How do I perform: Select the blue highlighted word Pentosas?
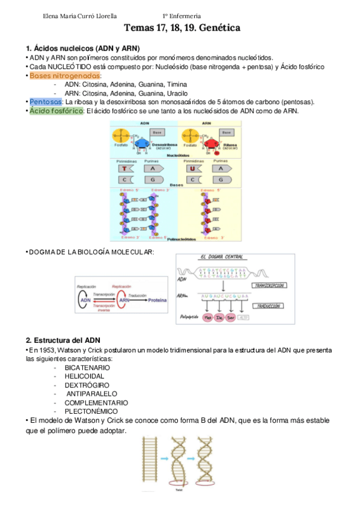pyautogui.click(x=46, y=102)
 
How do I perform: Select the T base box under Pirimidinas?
pyautogui.click(x=124, y=170)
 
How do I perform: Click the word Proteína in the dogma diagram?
pyautogui.click(x=157, y=299)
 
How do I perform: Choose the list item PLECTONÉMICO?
pyautogui.click(x=92, y=411)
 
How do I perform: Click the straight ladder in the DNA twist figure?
pyautogui.click(x=149, y=463)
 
